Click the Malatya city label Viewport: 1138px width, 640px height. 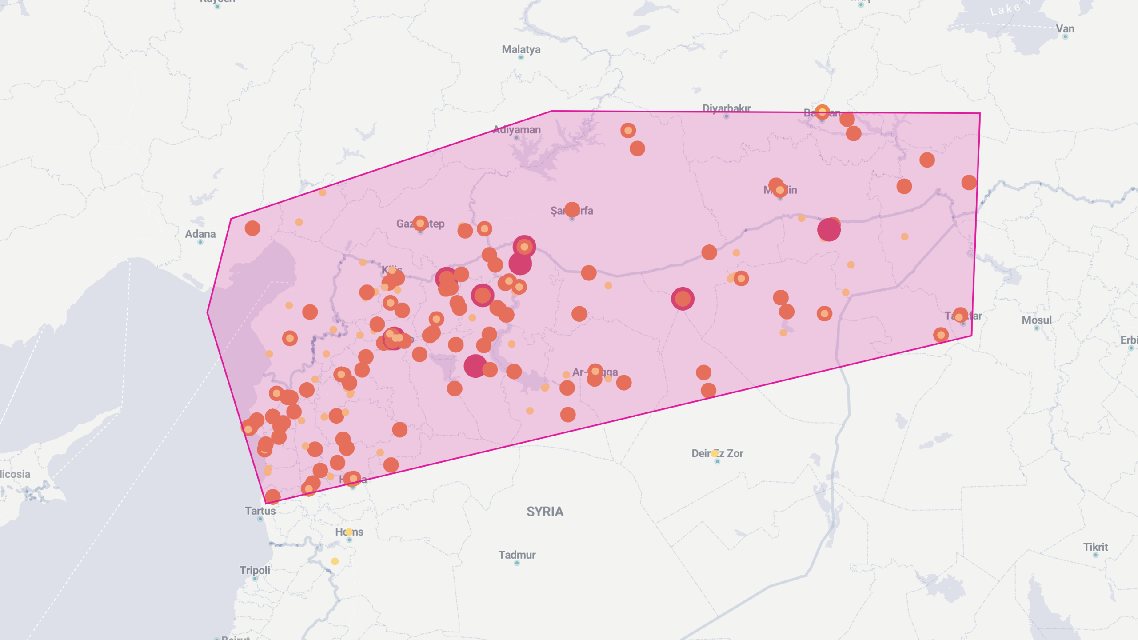coord(521,49)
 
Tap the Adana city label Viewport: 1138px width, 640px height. coord(200,234)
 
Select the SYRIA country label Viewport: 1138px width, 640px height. coord(545,512)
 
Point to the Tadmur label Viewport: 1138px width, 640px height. coord(517,555)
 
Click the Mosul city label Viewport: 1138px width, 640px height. coord(1036,320)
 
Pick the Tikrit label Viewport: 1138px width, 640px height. coord(1095,547)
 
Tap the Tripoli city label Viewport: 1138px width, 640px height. coord(255,570)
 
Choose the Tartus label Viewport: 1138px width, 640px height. coord(260,511)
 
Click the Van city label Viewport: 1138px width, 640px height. coord(1065,29)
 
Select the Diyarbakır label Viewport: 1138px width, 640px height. coord(726,108)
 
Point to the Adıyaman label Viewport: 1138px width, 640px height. coord(516,130)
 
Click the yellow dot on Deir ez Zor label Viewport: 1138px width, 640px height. coord(715,453)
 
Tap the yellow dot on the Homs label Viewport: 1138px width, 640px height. coord(349,532)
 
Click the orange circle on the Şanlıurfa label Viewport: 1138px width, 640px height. coord(572,209)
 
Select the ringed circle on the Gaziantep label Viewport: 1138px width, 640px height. coord(420,223)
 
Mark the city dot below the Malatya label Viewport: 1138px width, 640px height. coord(521,57)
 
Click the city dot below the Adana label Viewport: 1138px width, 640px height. coord(200,242)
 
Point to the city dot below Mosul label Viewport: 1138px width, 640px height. coord(1036,328)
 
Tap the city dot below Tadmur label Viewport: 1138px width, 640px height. coord(517,563)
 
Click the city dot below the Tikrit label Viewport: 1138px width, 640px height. coord(1095,555)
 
